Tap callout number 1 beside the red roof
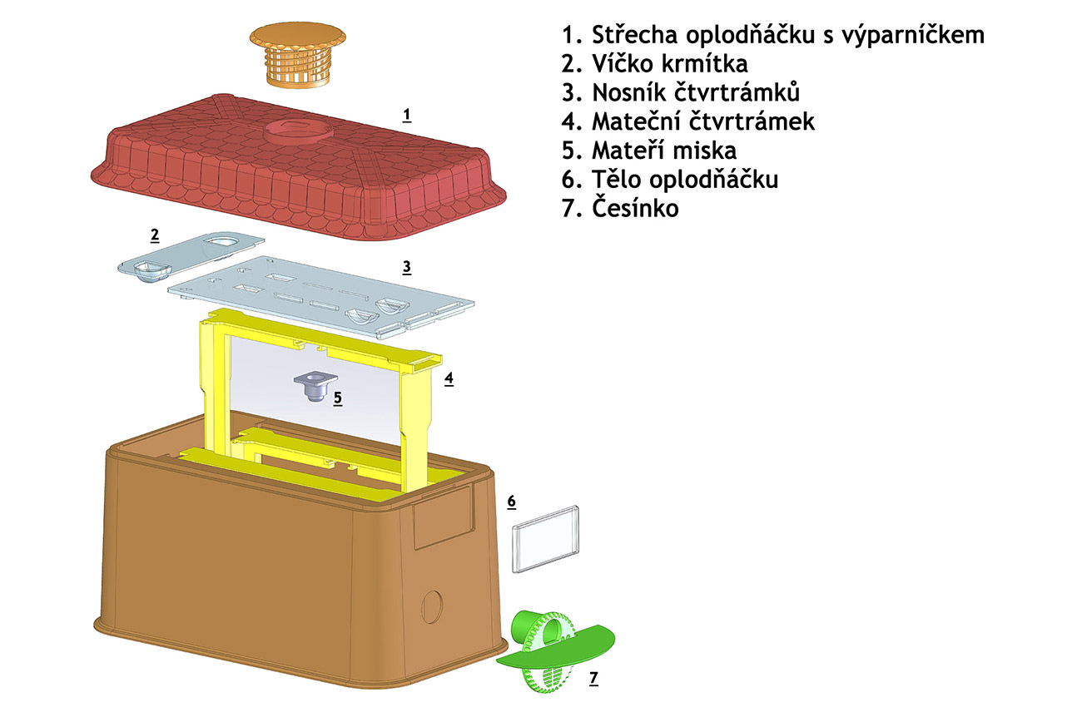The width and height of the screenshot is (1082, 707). point(407,115)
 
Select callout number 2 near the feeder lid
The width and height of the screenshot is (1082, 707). point(155,235)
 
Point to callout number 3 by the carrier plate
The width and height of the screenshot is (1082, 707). point(406,267)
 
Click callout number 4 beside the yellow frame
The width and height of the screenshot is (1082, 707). point(449,378)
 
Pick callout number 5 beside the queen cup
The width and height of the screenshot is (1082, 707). point(337,398)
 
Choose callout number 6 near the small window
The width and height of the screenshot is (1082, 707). point(512,502)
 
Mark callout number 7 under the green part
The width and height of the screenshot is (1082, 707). point(593,679)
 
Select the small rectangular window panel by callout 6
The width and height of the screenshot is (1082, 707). point(546,538)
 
